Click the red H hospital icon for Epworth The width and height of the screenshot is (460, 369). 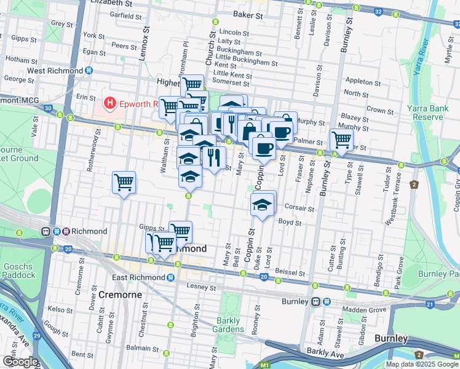(x=110, y=103)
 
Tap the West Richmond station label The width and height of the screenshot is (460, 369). (x=54, y=71)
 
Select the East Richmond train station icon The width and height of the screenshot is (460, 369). (x=178, y=277)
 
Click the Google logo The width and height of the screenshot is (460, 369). (x=20, y=362)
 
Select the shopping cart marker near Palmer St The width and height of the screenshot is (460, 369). (x=341, y=140)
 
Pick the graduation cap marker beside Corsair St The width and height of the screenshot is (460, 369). (x=263, y=204)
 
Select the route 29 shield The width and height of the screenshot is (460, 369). (x=36, y=336)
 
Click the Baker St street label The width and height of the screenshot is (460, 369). (x=248, y=15)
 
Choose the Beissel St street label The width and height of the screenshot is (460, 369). (x=290, y=272)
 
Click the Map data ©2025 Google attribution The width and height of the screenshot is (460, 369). (x=422, y=364)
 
